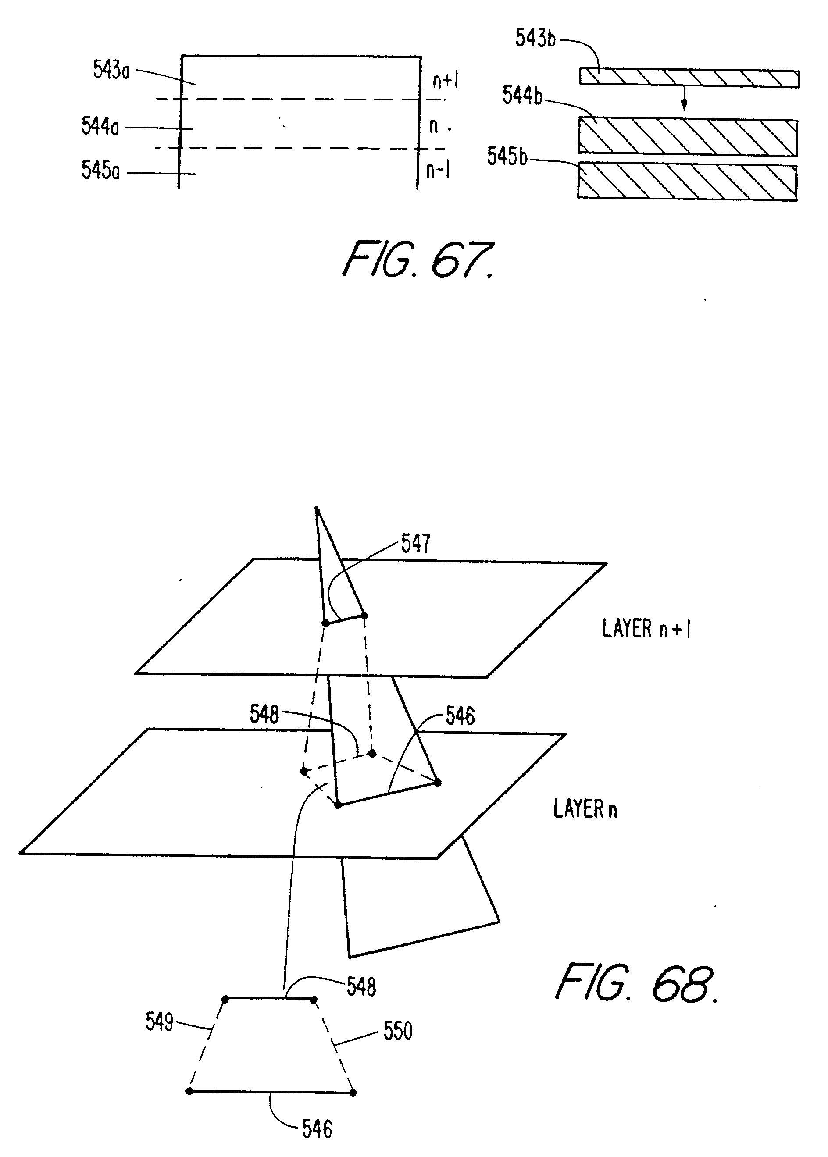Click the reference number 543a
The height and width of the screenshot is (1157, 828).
111,70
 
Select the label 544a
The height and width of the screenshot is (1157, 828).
100,126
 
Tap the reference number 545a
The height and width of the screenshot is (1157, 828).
100,170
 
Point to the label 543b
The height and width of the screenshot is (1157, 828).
535,38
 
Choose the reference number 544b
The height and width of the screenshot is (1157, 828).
523,95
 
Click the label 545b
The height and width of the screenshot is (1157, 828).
507,157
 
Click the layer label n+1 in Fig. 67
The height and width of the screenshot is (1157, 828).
445,80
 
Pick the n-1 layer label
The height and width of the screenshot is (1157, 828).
437,170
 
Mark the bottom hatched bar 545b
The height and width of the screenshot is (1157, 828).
687,182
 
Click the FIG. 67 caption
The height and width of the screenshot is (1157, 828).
418,260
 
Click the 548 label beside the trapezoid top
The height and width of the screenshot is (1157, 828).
361,987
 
